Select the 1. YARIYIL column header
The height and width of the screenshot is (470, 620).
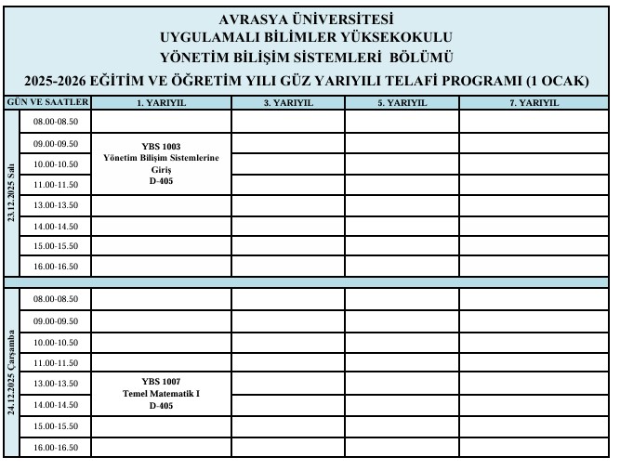tap(161, 103)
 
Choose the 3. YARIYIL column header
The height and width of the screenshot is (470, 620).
tap(288, 103)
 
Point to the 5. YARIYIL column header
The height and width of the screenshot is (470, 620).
tap(402, 103)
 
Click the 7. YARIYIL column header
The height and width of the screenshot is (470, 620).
tap(534, 103)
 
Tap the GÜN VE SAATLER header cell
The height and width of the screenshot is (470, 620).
tap(47, 102)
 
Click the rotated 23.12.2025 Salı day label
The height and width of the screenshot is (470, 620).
tap(12, 194)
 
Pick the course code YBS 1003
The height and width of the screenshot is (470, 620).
tap(161, 147)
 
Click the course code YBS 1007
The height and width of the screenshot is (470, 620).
tap(161, 381)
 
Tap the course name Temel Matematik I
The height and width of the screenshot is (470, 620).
tap(161, 393)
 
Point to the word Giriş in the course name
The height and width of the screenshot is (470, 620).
tap(161, 171)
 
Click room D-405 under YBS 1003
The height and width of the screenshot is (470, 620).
tap(161, 182)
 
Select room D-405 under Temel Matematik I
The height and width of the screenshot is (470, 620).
tap(161, 405)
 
